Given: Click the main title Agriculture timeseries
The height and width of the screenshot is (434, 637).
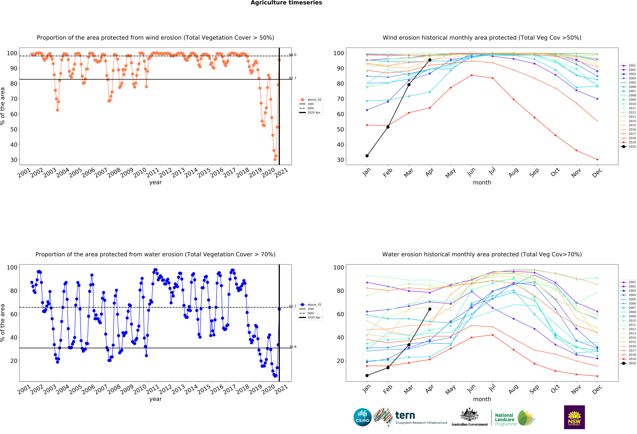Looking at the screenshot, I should [x=286, y=3].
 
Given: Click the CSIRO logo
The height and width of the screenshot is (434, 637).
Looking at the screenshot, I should [x=362, y=417].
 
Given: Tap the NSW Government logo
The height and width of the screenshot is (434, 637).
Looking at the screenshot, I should [x=574, y=417].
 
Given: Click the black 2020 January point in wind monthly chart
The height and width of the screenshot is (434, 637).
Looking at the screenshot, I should [x=367, y=156].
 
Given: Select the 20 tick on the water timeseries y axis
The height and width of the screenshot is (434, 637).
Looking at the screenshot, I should [x=14, y=361].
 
